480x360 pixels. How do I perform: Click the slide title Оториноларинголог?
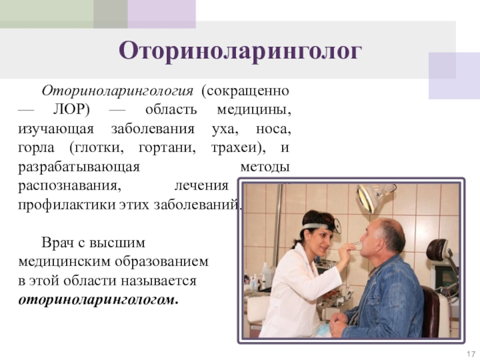(241, 51)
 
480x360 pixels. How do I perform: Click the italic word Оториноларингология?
(118, 91)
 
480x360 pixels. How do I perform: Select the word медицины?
(253, 110)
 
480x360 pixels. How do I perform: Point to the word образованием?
(162, 262)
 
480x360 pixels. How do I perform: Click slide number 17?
(471, 353)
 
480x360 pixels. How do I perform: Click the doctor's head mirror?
(337, 226)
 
